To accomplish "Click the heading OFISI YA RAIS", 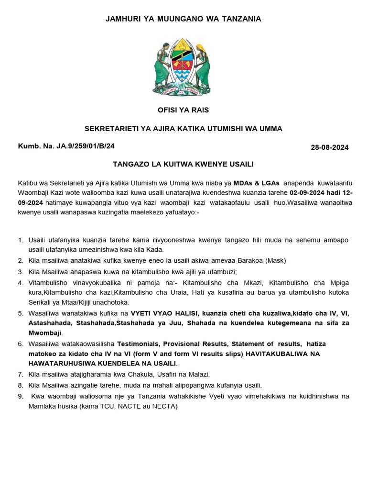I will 183,110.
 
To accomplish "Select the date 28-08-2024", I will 330,147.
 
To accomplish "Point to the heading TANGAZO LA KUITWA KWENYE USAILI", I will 183,164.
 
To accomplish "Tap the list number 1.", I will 20,240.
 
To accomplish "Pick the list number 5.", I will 20,313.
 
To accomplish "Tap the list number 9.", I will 20,396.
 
